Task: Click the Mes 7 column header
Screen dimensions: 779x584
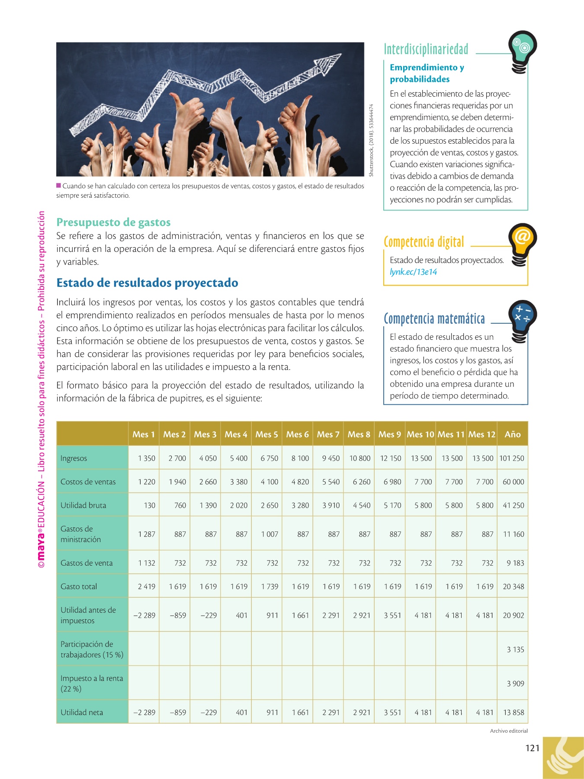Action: tap(328, 434)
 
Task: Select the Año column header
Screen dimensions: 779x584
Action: tap(513, 434)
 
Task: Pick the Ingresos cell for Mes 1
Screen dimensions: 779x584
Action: tap(147, 458)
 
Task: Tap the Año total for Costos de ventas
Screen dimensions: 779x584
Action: tap(513, 482)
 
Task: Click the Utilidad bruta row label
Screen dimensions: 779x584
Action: tap(83, 505)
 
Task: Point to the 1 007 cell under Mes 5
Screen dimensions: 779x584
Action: tap(270, 534)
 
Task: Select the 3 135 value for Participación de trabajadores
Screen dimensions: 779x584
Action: tap(515, 649)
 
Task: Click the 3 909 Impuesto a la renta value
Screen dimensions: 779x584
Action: tap(515, 683)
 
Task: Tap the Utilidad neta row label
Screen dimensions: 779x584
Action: tap(82, 712)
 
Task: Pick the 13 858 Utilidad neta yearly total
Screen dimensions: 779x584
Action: tap(513, 712)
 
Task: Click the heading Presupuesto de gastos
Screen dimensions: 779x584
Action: tap(113, 222)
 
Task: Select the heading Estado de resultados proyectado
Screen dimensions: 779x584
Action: tap(147, 283)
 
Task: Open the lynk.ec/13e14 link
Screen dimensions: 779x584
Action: tap(413, 272)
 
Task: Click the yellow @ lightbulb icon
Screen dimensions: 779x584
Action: tap(522, 242)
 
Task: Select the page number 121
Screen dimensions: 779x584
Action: tap(532, 748)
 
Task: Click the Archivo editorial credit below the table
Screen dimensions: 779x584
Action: tap(509, 731)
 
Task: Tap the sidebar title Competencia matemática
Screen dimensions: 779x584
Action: tap(434, 319)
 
